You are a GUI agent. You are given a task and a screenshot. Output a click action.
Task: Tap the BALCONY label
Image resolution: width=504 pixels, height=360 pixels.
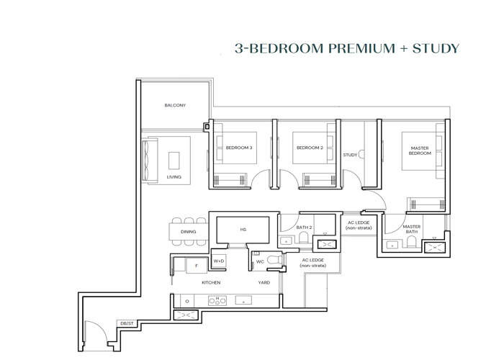pos(175,106)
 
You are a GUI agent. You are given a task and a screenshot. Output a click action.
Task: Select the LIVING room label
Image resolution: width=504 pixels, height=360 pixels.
pos(174,176)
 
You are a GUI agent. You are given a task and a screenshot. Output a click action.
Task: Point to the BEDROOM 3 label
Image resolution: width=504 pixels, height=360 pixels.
pos(239,148)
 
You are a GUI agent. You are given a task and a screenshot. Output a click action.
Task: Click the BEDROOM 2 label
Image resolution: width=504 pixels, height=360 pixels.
pos(310,148)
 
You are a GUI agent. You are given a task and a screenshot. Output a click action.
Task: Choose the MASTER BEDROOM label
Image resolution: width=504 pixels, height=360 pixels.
pos(420,150)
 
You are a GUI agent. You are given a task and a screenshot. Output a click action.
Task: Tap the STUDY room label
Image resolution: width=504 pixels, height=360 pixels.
pos(350,155)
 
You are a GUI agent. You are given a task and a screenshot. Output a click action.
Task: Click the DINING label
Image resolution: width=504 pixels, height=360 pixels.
pos(189,232)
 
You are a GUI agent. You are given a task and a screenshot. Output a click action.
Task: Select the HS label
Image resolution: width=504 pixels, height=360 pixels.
pos(243,230)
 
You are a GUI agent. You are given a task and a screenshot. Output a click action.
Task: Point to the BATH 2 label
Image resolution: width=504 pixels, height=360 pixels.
pos(304,228)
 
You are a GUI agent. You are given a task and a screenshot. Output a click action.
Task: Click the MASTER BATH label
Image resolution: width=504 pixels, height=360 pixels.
pos(411,229)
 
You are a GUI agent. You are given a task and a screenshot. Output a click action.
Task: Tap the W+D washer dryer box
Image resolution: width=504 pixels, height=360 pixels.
pos(219,261)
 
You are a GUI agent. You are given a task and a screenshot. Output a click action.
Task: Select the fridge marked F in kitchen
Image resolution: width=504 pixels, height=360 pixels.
pos(196,266)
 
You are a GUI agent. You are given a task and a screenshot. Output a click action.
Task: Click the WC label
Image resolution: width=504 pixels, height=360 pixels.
pos(260,262)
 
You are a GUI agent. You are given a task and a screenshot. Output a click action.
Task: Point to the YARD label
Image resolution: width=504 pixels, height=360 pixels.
pos(264,283)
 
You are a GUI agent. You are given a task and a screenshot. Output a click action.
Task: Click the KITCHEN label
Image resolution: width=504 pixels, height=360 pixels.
pos(211,283)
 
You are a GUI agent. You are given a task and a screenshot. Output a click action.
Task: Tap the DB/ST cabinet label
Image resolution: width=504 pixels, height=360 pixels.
pos(127,324)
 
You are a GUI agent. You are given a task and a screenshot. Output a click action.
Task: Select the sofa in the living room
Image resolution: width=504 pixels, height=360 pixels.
pos(151,161)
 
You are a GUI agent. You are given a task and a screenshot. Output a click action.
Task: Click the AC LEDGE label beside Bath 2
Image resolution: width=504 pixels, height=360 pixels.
pos(359,225)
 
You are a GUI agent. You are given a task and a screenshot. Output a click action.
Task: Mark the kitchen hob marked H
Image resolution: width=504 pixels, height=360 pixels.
pos(217,300)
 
